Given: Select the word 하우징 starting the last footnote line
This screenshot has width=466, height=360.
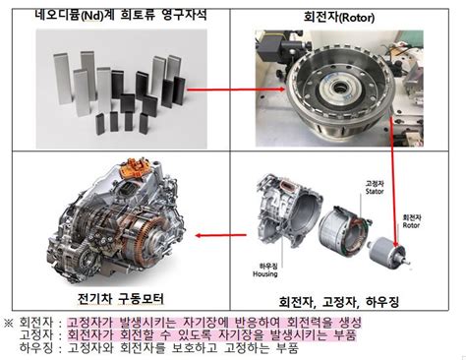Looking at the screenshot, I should pyautogui.click(x=37, y=350).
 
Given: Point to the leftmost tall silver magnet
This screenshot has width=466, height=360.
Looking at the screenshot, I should pyautogui.click(x=60, y=96).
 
